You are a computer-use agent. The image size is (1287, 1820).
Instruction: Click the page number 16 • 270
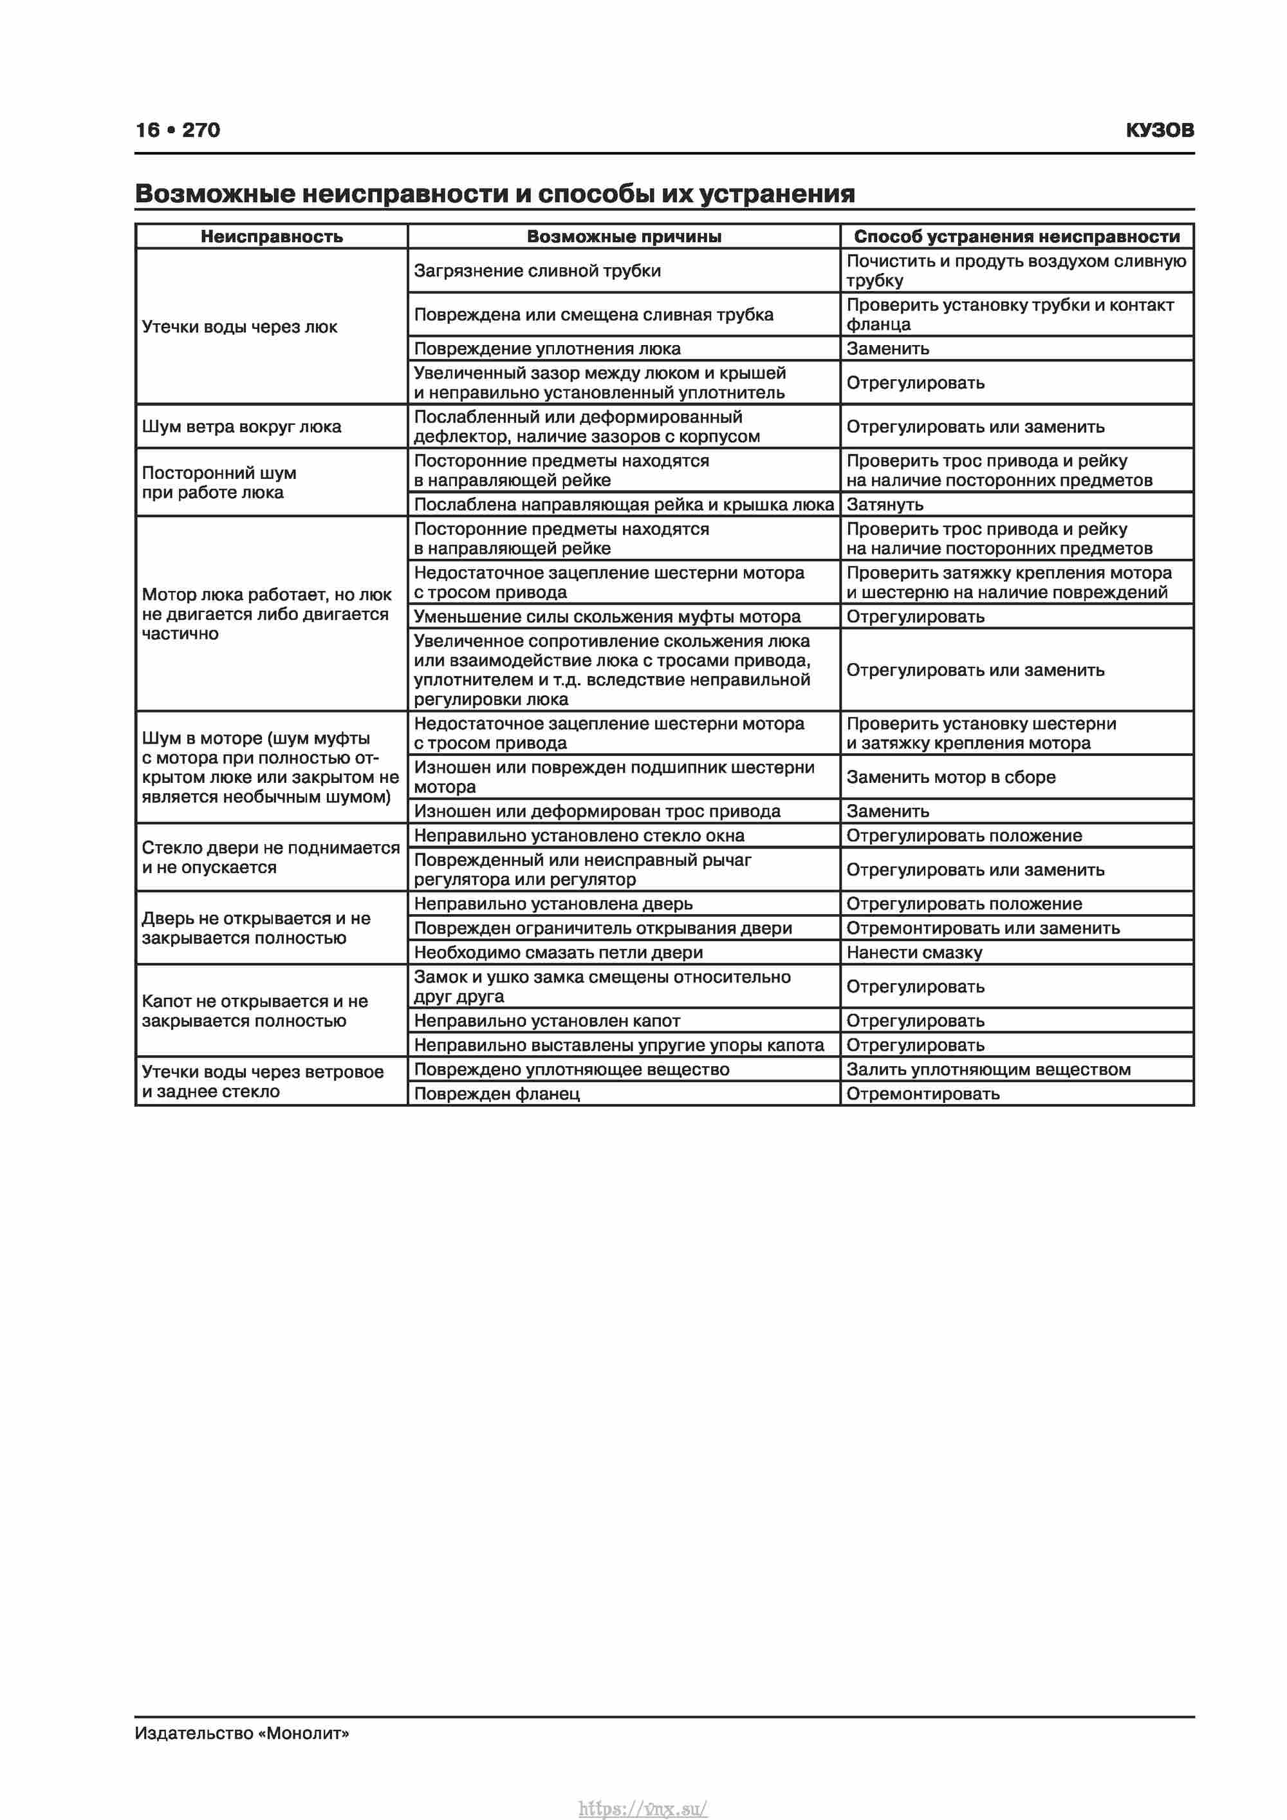(x=178, y=130)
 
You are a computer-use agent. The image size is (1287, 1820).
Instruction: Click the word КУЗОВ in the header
(x=1160, y=130)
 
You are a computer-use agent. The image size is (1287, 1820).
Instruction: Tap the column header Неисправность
(x=271, y=236)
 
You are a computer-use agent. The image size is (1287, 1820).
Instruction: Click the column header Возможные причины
(x=624, y=236)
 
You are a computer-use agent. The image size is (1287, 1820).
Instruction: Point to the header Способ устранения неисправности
(x=1017, y=236)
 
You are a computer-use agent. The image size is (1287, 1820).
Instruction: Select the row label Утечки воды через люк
(x=239, y=326)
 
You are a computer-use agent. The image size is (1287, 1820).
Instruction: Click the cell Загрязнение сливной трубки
(x=537, y=270)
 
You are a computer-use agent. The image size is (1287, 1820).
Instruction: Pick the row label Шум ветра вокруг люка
(x=241, y=426)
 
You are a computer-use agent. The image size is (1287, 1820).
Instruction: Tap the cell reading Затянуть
(x=884, y=504)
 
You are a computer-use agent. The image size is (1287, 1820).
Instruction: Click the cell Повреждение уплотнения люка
(x=547, y=348)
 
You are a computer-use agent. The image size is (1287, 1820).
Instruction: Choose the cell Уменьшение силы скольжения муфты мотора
(x=607, y=616)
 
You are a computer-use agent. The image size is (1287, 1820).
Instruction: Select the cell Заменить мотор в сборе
(x=950, y=777)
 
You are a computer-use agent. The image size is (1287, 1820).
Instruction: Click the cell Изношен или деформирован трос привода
(x=597, y=811)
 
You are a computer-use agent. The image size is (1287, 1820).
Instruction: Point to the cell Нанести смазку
(x=914, y=952)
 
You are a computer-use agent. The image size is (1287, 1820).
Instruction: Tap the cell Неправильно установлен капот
(x=547, y=1020)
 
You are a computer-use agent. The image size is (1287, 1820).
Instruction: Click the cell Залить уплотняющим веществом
(x=988, y=1069)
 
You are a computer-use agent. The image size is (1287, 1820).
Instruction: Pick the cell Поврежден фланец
(x=497, y=1093)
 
